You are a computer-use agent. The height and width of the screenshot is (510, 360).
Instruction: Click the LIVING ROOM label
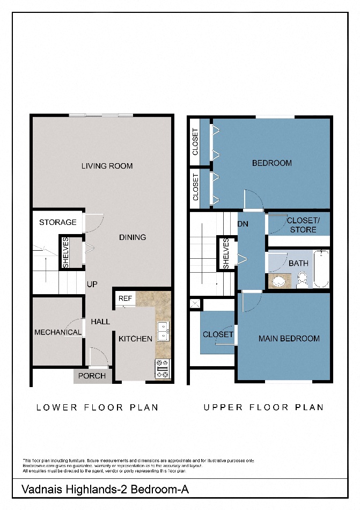click(x=107, y=166)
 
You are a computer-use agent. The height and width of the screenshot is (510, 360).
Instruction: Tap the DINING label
click(x=133, y=237)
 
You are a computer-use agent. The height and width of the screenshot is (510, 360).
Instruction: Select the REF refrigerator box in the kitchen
click(x=125, y=298)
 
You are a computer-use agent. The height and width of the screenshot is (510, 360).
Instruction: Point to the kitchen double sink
click(x=163, y=332)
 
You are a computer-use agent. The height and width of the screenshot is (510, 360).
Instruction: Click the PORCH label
click(x=92, y=376)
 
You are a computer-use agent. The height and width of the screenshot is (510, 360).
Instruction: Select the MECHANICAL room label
click(x=58, y=332)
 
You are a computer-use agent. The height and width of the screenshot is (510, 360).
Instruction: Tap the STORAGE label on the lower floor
click(x=58, y=222)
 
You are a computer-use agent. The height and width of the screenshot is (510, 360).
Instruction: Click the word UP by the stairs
click(x=92, y=285)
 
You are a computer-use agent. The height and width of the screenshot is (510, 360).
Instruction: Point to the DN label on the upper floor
click(x=243, y=224)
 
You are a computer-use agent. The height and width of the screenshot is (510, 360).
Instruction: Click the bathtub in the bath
click(x=321, y=269)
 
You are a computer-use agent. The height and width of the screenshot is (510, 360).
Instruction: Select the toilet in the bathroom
click(x=302, y=279)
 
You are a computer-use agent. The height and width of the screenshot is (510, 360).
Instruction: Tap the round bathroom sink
click(x=278, y=281)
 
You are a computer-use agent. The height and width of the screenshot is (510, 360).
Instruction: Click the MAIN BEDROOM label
click(x=289, y=339)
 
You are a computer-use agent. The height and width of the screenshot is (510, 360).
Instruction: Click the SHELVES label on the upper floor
click(x=226, y=254)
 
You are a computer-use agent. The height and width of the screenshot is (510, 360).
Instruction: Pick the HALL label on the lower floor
click(x=100, y=322)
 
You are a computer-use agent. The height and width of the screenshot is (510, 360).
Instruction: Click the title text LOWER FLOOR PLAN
click(x=97, y=407)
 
